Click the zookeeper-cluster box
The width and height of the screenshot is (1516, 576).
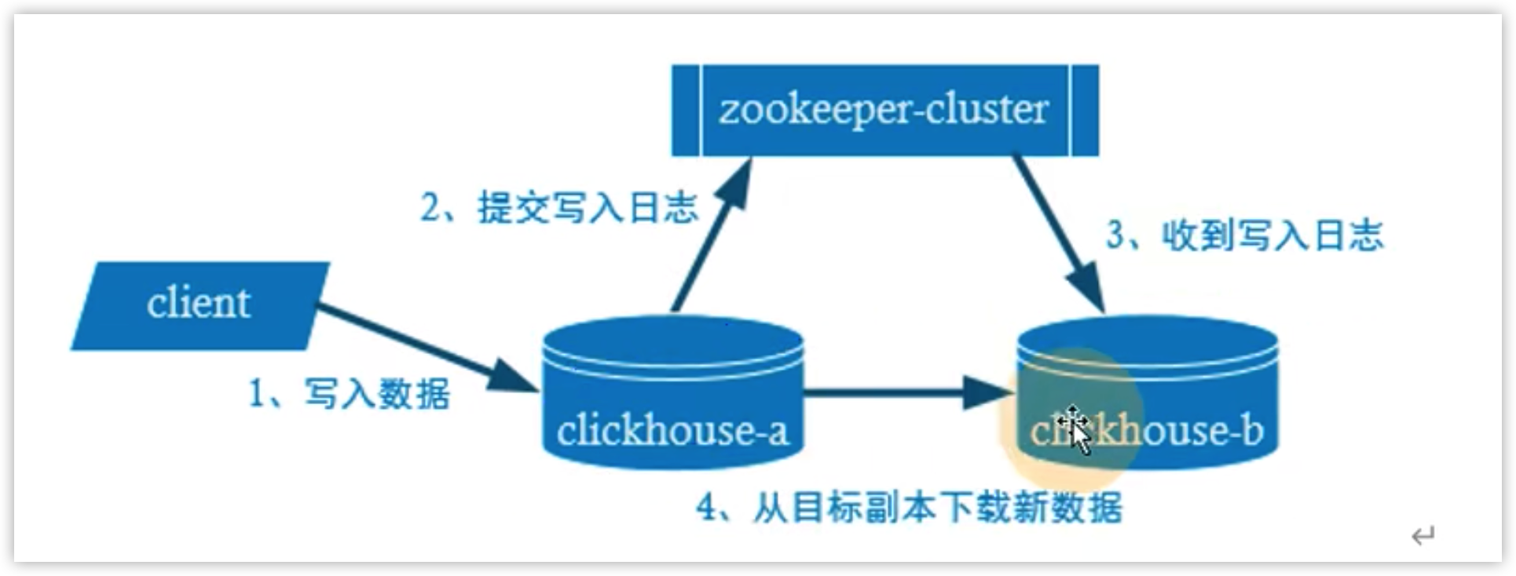(x=884, y=111)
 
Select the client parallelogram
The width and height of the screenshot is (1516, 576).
(x=200, y=306)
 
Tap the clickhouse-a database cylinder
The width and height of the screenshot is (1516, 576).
(x=673, y=392)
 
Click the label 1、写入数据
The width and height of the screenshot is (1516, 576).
(x=350, y=392)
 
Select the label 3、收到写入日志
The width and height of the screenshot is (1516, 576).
(x=1245, y=235)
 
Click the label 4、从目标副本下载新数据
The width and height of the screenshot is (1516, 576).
(x=910, y=508)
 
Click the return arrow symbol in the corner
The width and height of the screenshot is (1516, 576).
(x=1423, y=536)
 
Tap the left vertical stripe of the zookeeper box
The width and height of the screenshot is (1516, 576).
(x=687, y=111)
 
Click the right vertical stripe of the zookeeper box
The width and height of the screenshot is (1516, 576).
(x=1084, y=111)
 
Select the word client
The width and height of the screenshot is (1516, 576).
(x=198, y=303)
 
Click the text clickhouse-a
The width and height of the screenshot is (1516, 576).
(x=672, y=430)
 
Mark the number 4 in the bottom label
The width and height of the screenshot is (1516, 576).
(x=707, y=508)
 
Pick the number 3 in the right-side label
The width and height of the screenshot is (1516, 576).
(x=1115, y=235)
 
